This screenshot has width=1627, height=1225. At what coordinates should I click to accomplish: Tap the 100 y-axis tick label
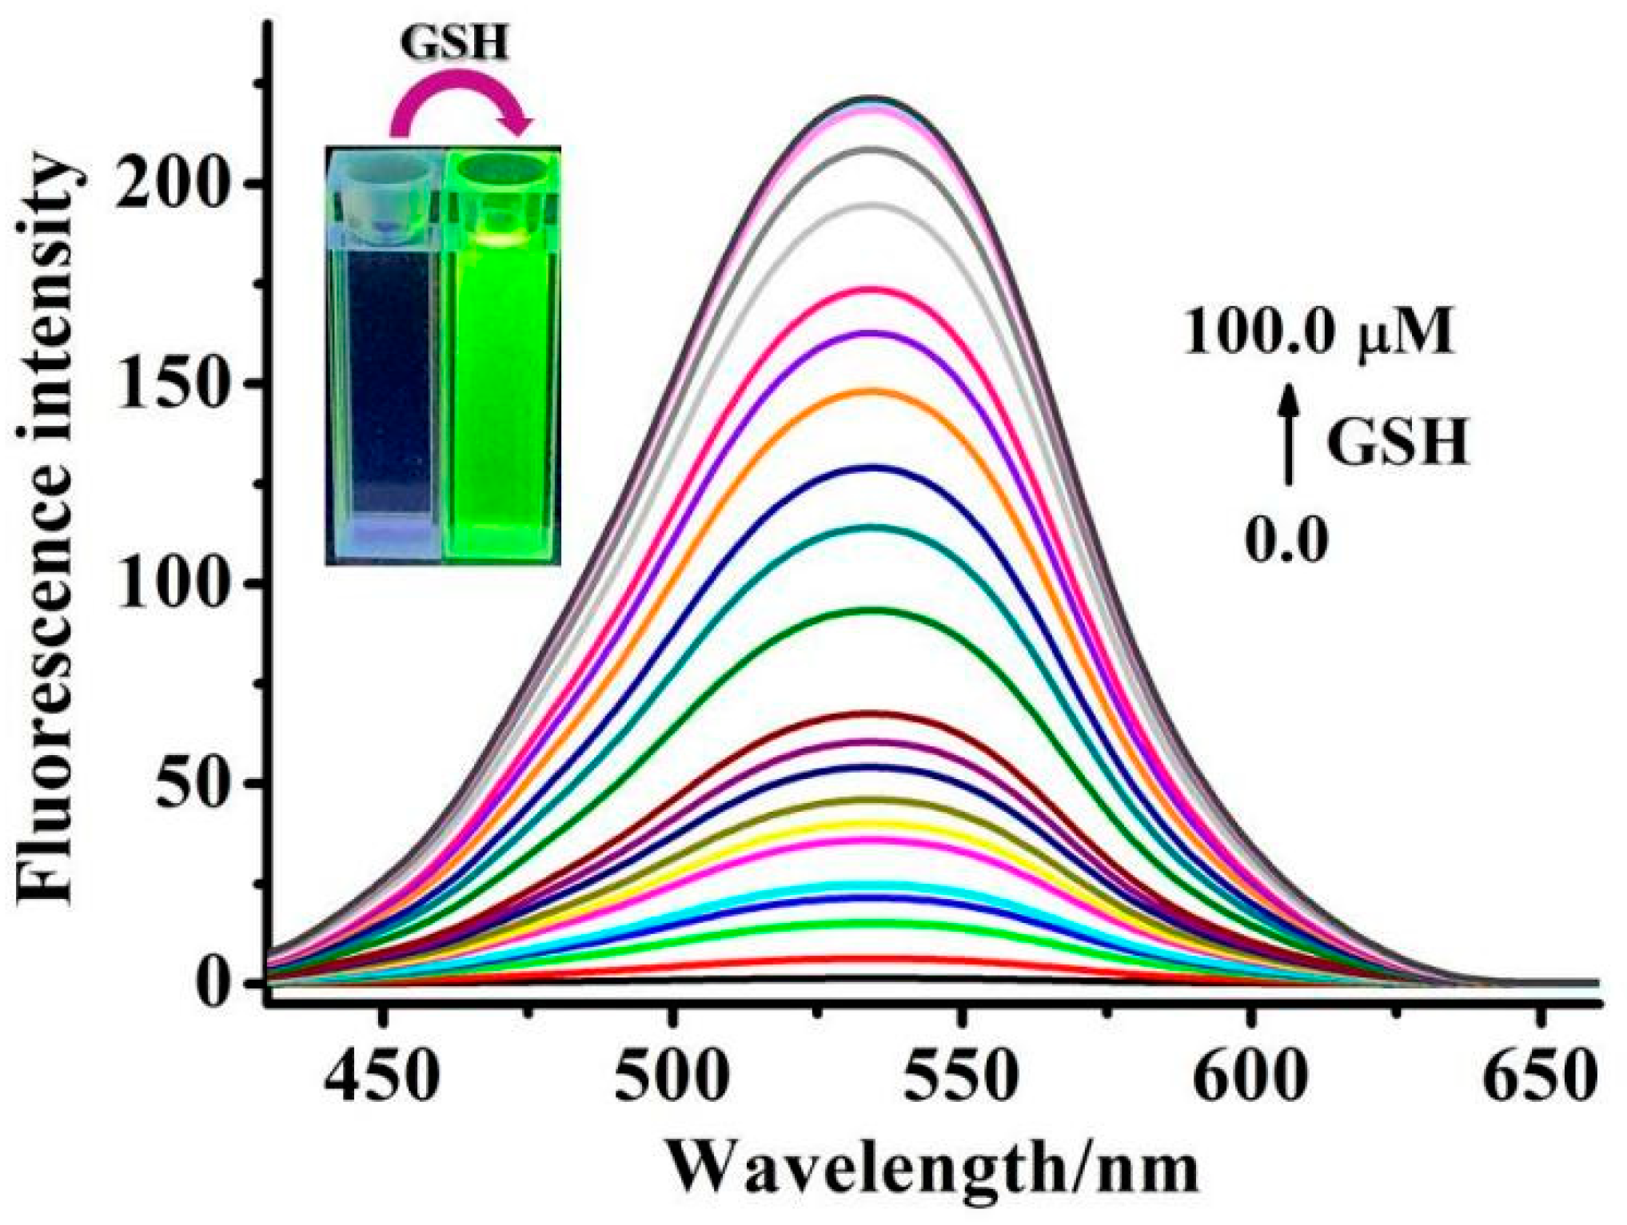pos(177,587)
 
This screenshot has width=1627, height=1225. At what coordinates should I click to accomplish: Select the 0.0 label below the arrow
pos(1286,540)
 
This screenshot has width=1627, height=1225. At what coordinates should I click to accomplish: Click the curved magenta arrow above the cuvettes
pos(460,104)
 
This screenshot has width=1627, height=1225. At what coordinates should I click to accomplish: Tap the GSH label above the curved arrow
pos(455,42)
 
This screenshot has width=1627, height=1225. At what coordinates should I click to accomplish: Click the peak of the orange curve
pos(873,391)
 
